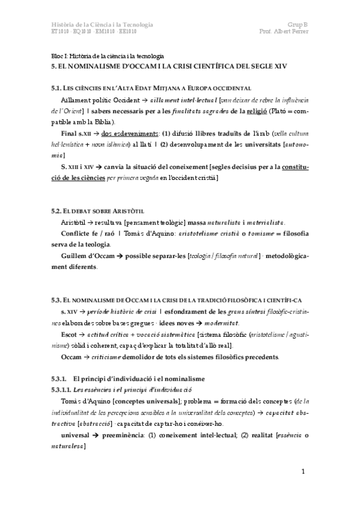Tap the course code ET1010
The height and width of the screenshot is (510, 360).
[x=61, y=31]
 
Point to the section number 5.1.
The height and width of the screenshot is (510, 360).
[x=58, y=88]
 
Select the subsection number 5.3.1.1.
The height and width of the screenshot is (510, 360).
[x=63, y=390]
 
